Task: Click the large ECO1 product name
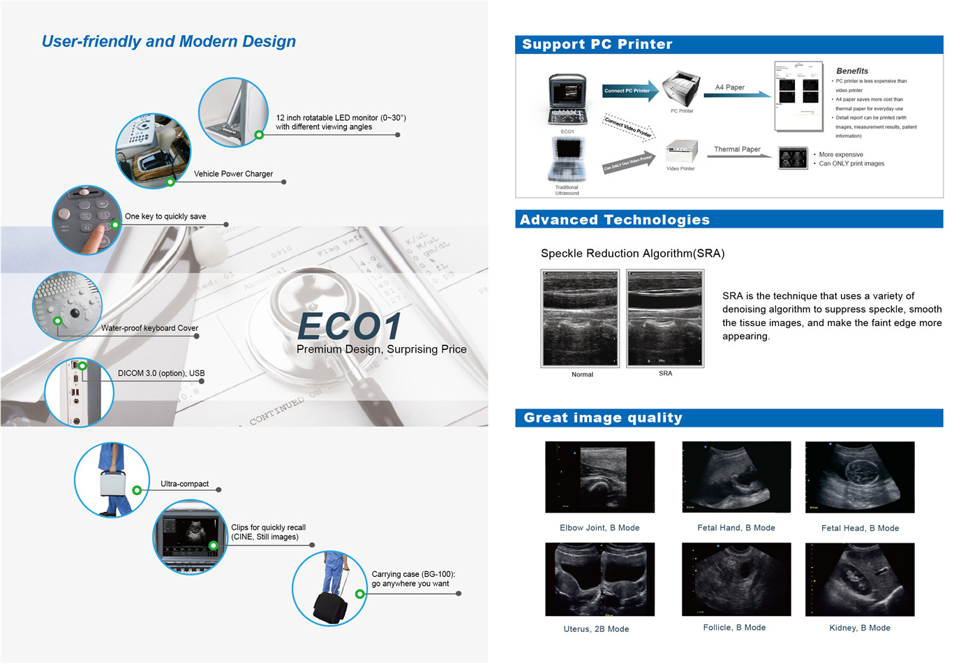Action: coord(350,326)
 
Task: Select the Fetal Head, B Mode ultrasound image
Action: coord(859,477)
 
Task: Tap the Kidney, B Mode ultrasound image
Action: coord(859,579)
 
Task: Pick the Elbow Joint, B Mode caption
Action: coord(599,528)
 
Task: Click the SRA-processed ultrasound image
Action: coord(665,318)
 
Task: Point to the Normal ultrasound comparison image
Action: coord(580,318)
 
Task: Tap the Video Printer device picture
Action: coord(681,152)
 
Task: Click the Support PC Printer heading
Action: coord(597,45)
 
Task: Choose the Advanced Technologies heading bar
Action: coord(729,219)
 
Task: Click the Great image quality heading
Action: coord(603,418)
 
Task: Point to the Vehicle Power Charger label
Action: coord(233,174)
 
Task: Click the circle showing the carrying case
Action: coord(329,588)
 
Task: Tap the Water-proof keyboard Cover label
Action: coord(149,328)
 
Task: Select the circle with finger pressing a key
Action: coord(87,220)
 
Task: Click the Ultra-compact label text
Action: coord(184,484)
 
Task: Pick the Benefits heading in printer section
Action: coord(852,71)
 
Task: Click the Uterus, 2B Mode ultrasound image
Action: coord(599,579)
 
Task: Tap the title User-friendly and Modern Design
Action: coord(169,42)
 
